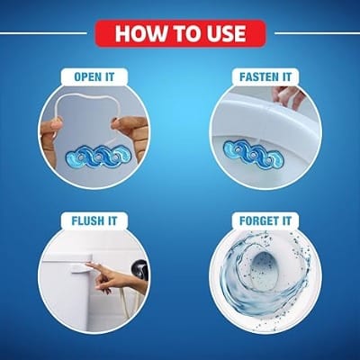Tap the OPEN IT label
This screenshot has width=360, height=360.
pos(94,76)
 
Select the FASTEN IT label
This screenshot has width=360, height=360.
pos(265,76)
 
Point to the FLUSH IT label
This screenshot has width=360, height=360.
pos(94,221)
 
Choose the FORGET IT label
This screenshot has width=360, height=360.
pos(265,221)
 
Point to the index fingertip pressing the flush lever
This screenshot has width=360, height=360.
pos(88,265)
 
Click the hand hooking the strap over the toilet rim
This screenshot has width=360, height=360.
pos(287,95)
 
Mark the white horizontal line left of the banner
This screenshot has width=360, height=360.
pos(43,33)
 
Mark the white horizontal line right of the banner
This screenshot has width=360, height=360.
pos(317,33)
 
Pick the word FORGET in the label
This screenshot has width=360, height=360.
pos(258,221)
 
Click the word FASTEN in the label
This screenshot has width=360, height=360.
pos(258,76)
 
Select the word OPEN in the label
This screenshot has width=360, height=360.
pos(87,76)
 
